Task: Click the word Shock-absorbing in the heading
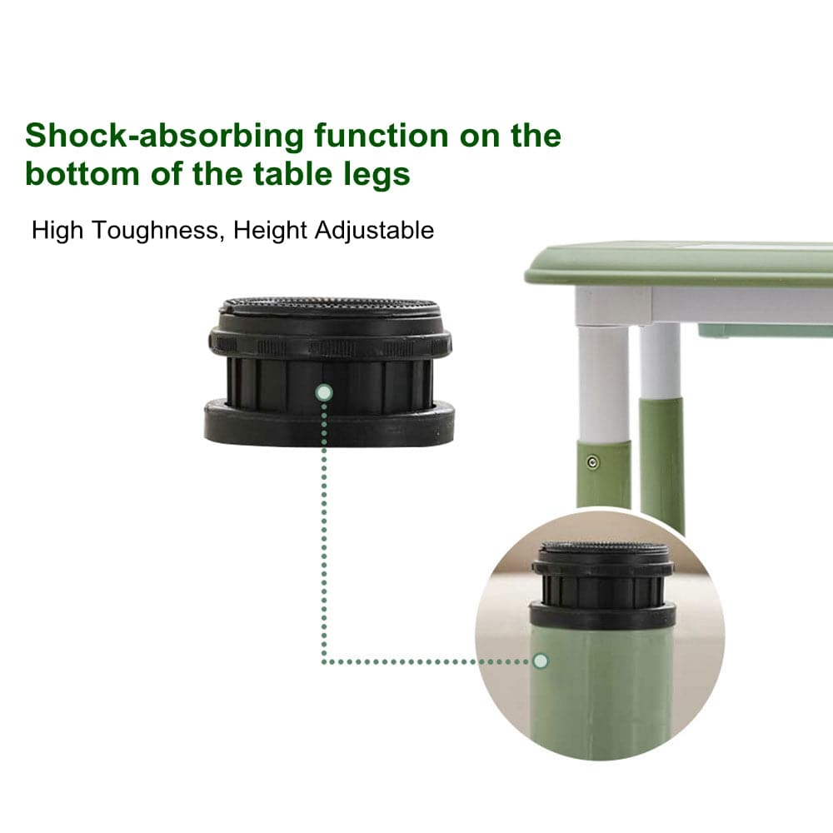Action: click(x=164, y=136)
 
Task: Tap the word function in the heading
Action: click(x=382, y=135)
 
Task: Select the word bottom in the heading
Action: click(x=82, y=173)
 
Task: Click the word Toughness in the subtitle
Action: click(x=155, y=231)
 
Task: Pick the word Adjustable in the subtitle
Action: click(x=374, y=231)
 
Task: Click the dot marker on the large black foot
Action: click(x=323, y=392)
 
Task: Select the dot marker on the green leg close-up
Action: click(x=541, y=661)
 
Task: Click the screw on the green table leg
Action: click(x=593, y=461)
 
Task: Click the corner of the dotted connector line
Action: click(x=323, y=661)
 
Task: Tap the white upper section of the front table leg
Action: click(x=603, y=382)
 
